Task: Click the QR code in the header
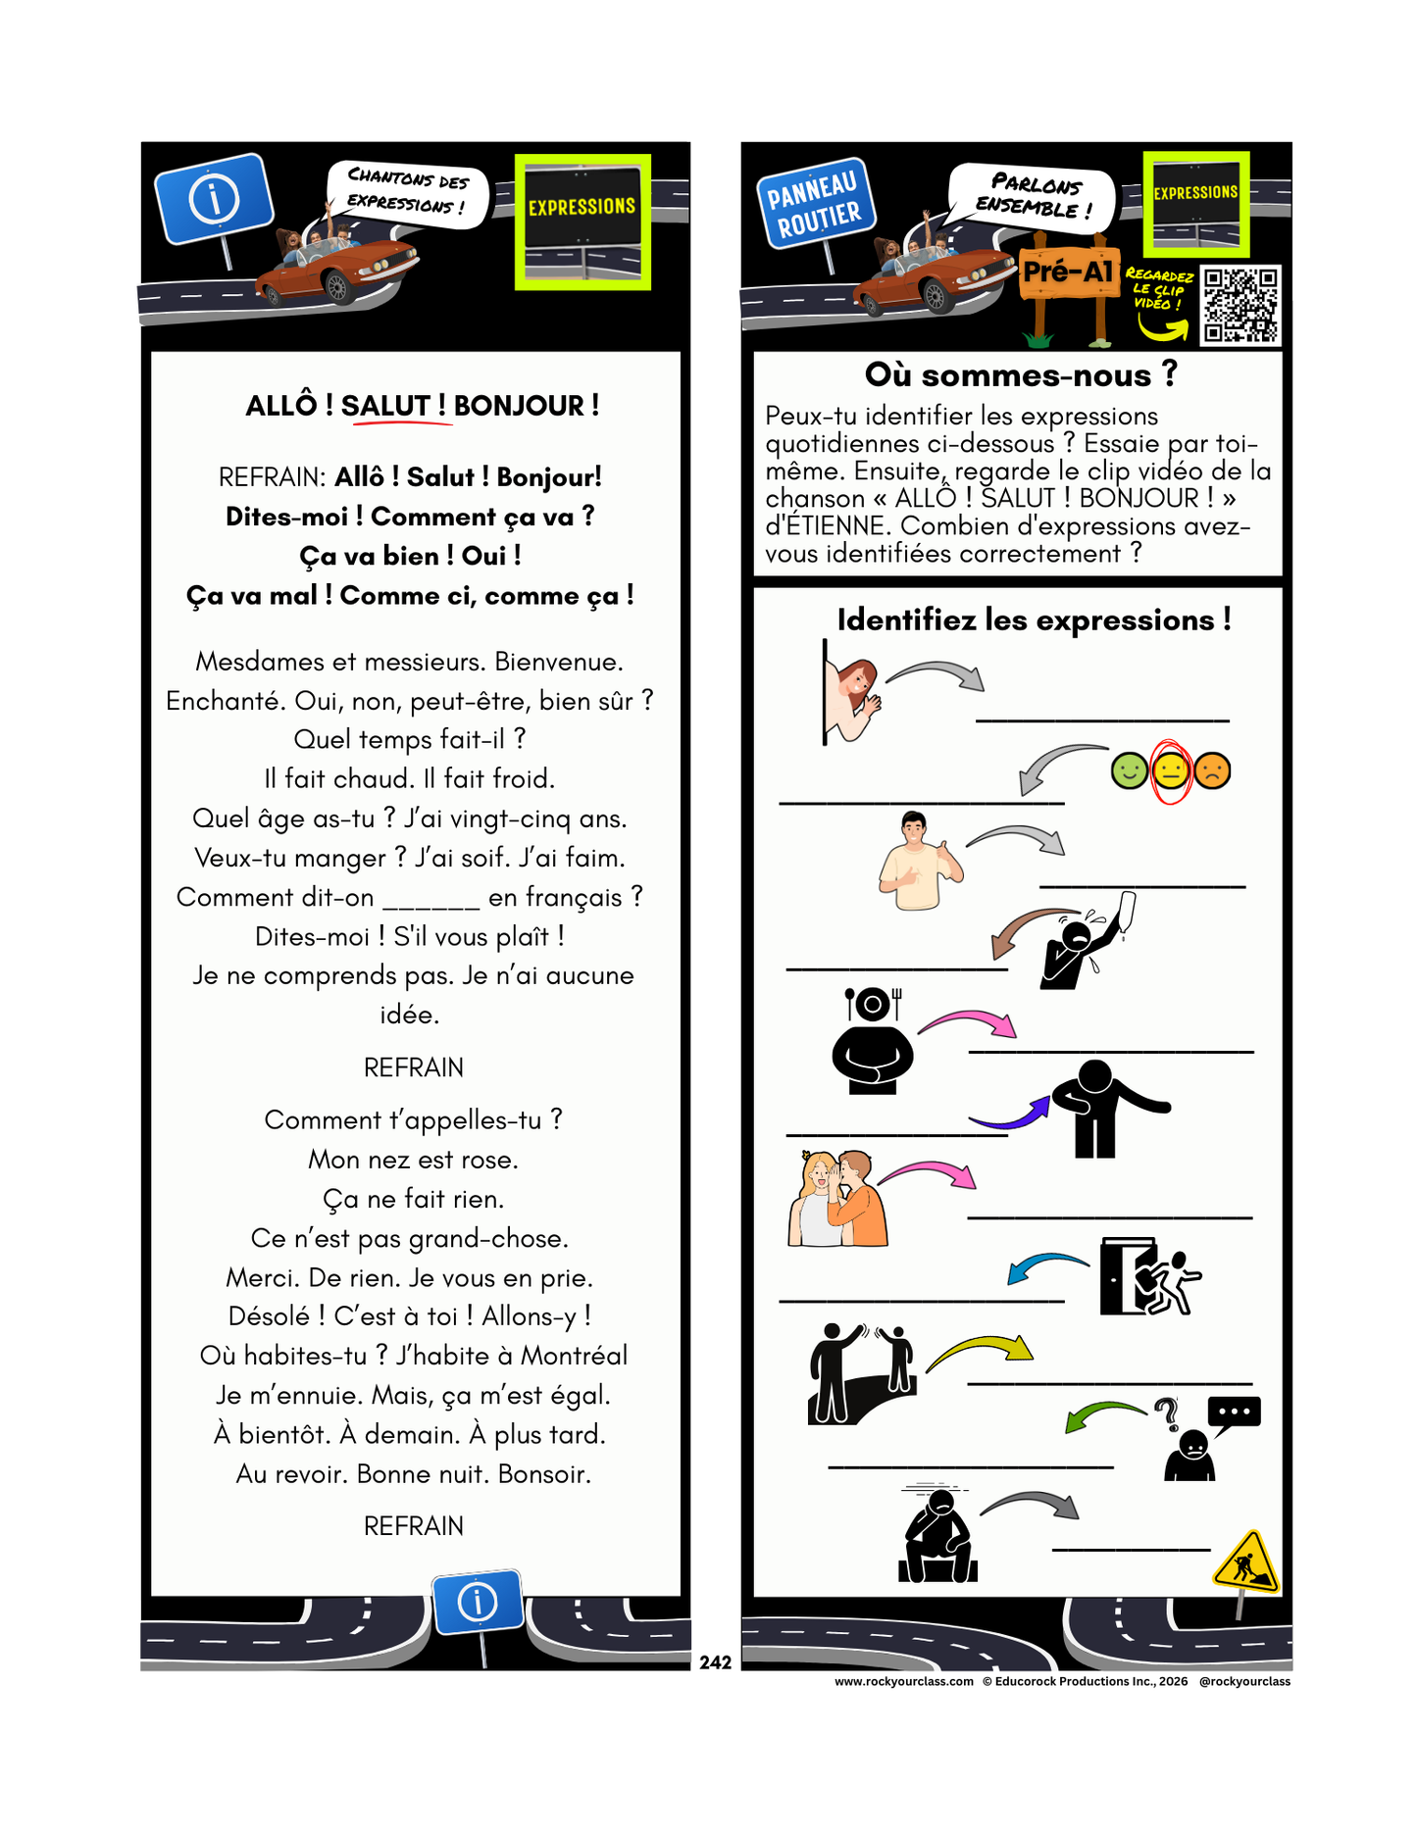click(1240, 305)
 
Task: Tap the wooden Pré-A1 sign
click(1068, 272)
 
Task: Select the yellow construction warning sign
click(1245, 1561)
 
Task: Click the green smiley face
click(1129, 770)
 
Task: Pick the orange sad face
click(1213, 770)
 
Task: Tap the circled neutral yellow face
click(1170, 771)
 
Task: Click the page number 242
click(715, 1662)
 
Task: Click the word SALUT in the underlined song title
click(385, 406)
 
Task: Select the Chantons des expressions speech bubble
click(407, 191)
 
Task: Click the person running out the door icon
click(1149, 1276)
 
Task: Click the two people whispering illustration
click(838, 1199)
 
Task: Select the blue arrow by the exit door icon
click(1045, 1266)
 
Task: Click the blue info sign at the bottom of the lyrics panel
click(478, 1602)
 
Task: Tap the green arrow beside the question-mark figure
click(1103, 1414)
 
